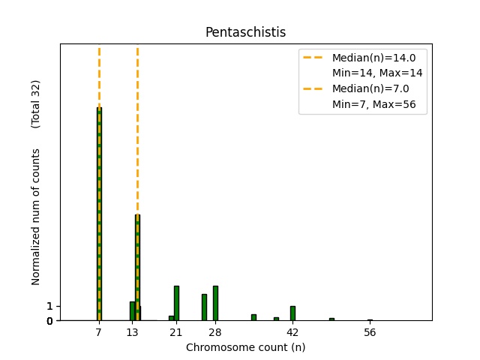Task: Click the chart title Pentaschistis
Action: [245, 32]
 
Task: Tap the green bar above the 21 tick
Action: [176, 303]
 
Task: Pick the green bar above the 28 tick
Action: [215, 303]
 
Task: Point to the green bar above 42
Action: [292, 313]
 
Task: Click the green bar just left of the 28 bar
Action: [204, 307]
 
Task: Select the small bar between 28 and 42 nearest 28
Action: [253, 317]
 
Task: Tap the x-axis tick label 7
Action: [99, 332]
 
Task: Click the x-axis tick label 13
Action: [132, 332]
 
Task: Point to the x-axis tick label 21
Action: [176, 332]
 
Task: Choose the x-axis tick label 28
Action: [215, 332]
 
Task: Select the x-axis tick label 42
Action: [292, 332]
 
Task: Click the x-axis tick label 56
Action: [370, 332]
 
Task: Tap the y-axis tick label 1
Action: [49, 306]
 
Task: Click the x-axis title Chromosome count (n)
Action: [245, 347]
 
